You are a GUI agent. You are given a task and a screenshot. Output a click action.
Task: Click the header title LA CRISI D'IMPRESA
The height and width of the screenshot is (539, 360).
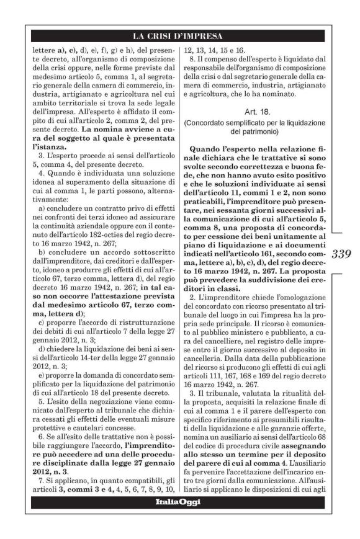tap(179, 35)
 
